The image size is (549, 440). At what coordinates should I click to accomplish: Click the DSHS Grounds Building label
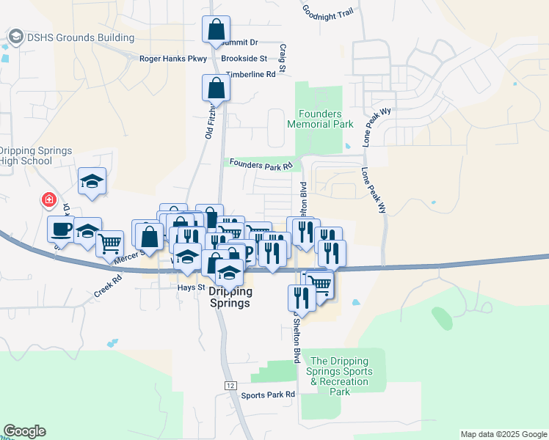(80, 37)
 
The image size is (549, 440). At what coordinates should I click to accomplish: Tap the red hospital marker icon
(49, 199)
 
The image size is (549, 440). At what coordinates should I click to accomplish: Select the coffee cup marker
(61, 229)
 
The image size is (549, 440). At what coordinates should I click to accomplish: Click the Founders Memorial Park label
(320, 119)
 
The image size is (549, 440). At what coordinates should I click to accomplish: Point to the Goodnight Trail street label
(329, 11)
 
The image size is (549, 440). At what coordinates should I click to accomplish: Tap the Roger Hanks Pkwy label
(174, 58)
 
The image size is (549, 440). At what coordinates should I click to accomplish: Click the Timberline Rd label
(250, 74)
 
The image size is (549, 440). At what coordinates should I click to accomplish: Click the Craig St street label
(283, 57)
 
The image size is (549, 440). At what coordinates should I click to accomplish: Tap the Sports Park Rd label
(268, 395)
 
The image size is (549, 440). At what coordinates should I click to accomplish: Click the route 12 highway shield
(230, 386)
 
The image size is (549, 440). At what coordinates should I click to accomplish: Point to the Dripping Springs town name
(230, 296)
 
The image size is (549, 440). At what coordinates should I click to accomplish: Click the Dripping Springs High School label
(36, 155)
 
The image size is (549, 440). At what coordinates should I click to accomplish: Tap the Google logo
(24, 431)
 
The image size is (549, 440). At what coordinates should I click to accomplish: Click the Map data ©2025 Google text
(503, 434)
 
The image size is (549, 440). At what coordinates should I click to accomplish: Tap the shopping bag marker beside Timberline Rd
(217, 88)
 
